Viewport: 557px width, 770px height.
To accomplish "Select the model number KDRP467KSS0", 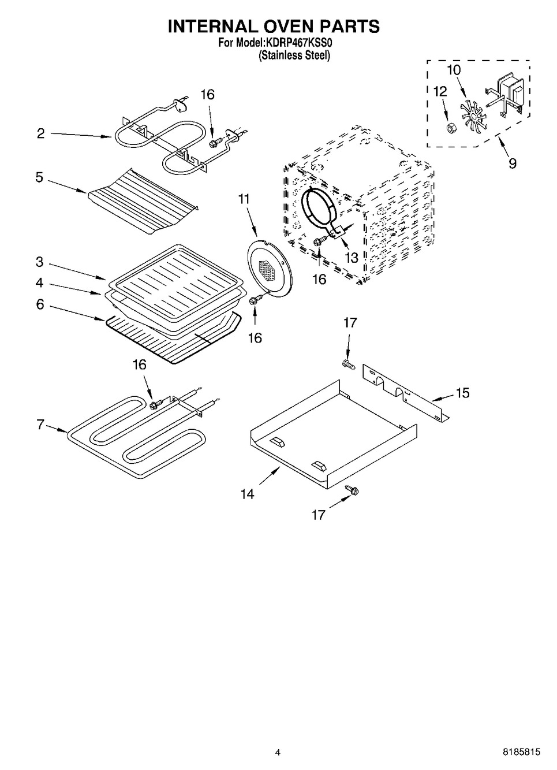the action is [298, 43].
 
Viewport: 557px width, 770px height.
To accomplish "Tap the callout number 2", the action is [41, 133].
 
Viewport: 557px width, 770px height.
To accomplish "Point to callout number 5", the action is [39, 177].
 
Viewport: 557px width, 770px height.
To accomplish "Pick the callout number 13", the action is [351, 258].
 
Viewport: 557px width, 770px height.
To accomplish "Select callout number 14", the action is [247, 494].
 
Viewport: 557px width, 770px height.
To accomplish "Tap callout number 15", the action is [462, 393].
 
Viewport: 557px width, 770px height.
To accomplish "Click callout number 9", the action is [512, 163].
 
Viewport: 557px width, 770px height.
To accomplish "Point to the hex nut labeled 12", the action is [450, 128].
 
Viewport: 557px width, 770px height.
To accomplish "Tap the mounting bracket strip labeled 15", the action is [406, 393].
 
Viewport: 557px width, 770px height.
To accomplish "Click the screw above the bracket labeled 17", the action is [347, 364].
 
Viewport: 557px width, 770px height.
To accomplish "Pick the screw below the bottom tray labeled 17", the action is [352, 489].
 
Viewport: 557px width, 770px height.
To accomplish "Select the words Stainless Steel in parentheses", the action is [294, 55].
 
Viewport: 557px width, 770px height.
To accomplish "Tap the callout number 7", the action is [40, 425].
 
